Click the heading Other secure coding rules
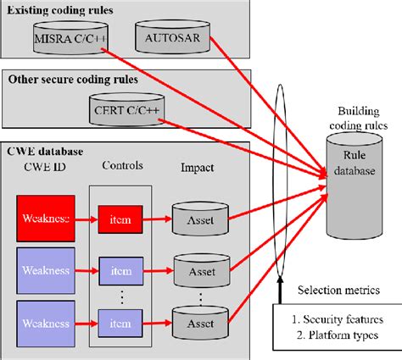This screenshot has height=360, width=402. [x=75, y=80]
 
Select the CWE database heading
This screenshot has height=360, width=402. [x=46, y=152]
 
